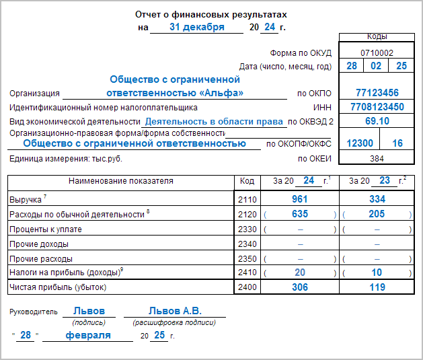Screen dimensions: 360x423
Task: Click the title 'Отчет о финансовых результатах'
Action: [211, 15]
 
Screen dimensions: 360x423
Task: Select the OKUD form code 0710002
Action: [377, 52]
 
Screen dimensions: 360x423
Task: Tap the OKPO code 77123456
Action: [377, 93]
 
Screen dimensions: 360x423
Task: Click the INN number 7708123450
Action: [377, 107]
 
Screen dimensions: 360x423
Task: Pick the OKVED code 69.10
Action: [377, 121]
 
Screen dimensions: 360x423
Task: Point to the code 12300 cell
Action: [359, 143]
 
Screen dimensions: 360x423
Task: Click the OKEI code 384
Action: [377, 158]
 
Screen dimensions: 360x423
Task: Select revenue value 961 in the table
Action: [300, 200]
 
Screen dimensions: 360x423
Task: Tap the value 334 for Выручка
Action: [377, 200]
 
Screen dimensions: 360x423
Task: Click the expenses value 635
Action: [300, 214]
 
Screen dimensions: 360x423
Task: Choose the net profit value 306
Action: [300, 287]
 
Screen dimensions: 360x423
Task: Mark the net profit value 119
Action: [377, 287]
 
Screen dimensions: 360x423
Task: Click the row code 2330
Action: [247, 229]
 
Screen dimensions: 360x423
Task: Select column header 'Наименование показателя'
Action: [121, 181]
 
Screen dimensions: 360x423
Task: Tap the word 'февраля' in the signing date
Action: [88, 335]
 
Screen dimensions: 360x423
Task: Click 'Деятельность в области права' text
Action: [214, 122]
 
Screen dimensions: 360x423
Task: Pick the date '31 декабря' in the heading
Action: [196, 27]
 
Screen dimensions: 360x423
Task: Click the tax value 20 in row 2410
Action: [300, 273]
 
